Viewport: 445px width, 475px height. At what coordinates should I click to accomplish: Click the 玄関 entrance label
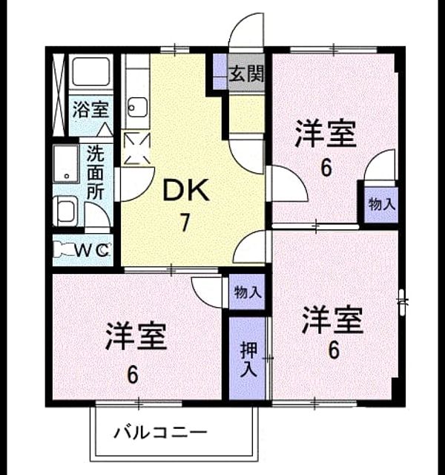246,73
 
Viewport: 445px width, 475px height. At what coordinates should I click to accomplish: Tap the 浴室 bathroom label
90,109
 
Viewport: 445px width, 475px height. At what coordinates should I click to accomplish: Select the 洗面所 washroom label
96,172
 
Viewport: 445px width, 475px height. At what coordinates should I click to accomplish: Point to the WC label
92,250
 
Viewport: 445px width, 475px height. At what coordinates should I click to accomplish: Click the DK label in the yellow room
186,190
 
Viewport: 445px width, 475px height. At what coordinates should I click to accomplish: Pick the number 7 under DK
185,223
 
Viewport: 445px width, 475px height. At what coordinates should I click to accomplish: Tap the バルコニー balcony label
160,433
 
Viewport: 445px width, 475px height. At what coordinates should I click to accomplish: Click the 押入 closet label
248,359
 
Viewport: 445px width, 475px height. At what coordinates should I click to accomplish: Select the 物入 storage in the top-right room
382,205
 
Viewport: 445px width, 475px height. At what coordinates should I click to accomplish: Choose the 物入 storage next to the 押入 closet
248,292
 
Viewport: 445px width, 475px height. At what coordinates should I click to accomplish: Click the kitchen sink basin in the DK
137,107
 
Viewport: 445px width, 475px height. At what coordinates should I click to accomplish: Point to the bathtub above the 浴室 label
90,71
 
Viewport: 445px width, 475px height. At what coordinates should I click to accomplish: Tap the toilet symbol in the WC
65,249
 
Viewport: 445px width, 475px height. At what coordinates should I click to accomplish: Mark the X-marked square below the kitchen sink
137,148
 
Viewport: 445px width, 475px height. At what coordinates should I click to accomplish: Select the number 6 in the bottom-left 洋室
132,376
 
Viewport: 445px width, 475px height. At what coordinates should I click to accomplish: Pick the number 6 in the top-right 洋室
326,168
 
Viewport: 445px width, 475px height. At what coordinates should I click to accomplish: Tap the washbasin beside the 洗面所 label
66,163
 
